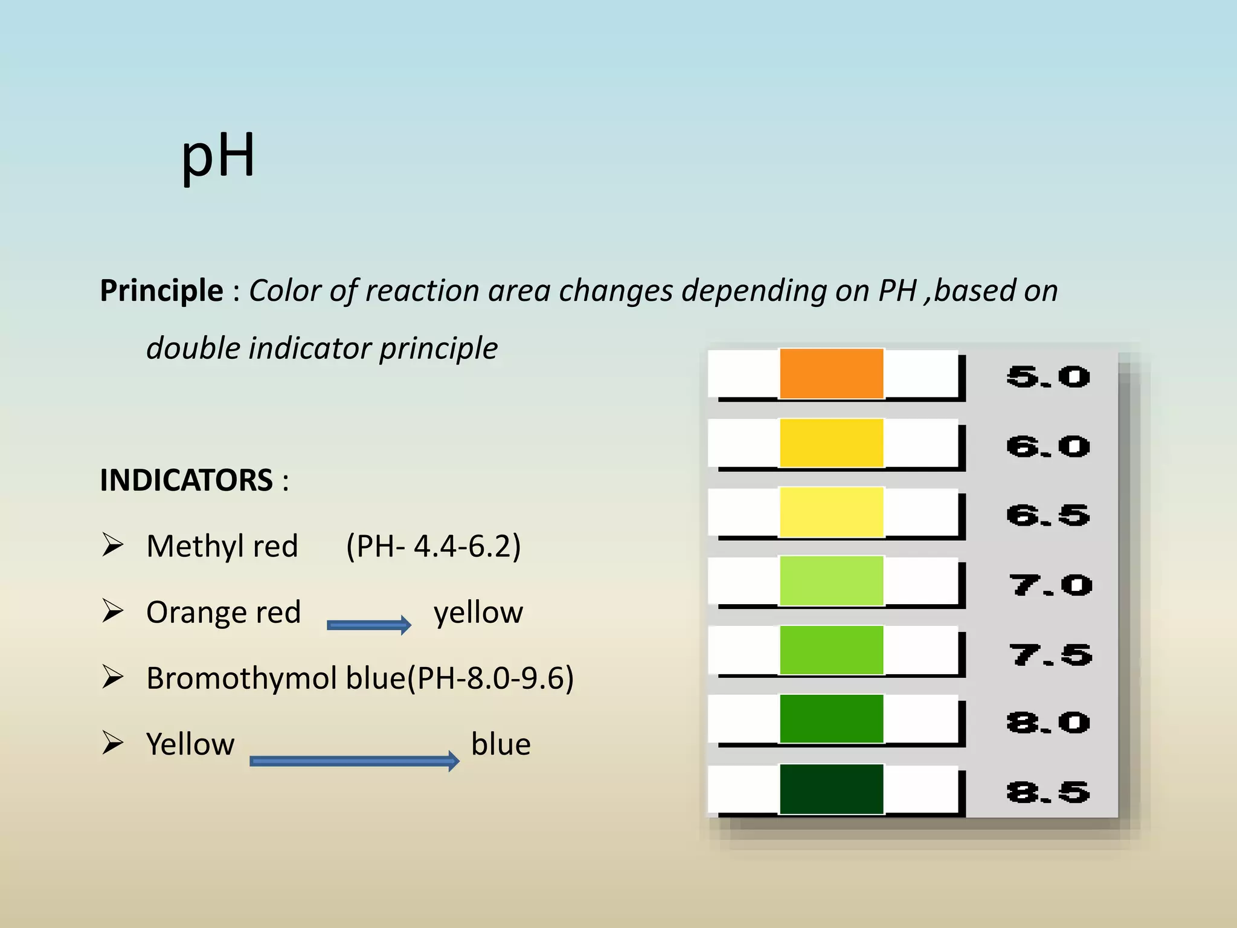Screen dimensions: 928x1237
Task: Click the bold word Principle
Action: point(162,291)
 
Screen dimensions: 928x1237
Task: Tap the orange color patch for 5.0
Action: point(831,373)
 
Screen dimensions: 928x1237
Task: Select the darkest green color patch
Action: point(831,789)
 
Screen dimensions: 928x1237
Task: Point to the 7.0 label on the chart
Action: point(1050,585)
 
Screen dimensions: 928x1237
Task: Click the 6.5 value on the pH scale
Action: point(1048,515)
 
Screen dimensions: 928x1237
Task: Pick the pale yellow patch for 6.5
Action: point(831,512)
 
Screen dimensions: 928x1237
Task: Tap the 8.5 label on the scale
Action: point(1048,792)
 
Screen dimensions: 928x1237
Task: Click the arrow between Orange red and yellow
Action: point(368,625)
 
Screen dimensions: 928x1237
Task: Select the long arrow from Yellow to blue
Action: point(354,761)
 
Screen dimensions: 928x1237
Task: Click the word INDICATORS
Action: point(186,481)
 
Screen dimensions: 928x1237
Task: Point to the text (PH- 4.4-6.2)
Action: point(433,546)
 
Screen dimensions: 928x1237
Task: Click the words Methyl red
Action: point(222,546)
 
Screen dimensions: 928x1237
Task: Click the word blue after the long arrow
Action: point(501,744)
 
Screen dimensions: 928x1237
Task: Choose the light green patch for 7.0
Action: point(831,581)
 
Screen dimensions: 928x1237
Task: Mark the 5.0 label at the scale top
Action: point(1048,377)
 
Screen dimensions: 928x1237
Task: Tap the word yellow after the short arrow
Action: point(478,613)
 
